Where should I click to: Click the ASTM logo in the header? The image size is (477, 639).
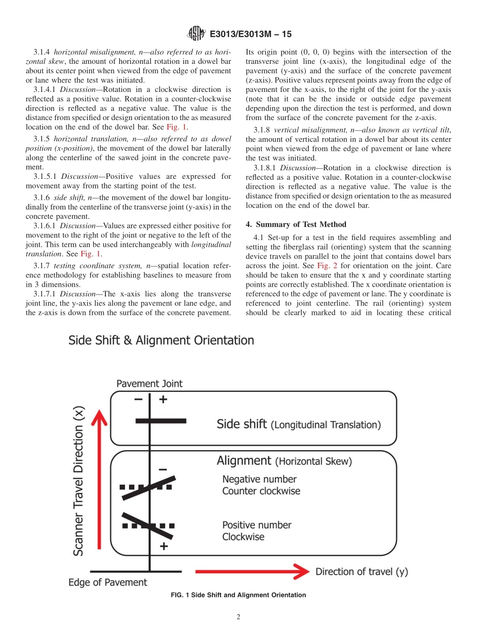click(196, 34)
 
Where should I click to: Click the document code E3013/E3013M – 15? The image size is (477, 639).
click(250, 34)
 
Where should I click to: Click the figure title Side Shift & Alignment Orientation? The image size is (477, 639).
click(161, 341)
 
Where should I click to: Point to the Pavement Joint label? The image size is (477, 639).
click(150, 384)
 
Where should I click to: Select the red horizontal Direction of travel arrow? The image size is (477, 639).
click(251, 571)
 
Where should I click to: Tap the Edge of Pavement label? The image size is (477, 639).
click(108, 583)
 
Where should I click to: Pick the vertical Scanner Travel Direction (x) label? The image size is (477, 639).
click(79, 481)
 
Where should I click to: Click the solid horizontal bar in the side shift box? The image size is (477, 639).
click(161, 420)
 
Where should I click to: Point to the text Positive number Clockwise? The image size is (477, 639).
click(257, 531)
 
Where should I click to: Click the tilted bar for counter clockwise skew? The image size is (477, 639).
click(149, 487)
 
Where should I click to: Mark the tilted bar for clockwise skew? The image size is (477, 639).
click(149, 523)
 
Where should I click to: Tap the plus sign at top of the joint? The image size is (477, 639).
click(162, 400)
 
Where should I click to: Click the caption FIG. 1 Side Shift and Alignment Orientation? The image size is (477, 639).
click(238, 595)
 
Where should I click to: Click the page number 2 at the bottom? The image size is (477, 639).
click(238, 617)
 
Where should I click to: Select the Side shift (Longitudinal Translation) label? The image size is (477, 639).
click(298, 424)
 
